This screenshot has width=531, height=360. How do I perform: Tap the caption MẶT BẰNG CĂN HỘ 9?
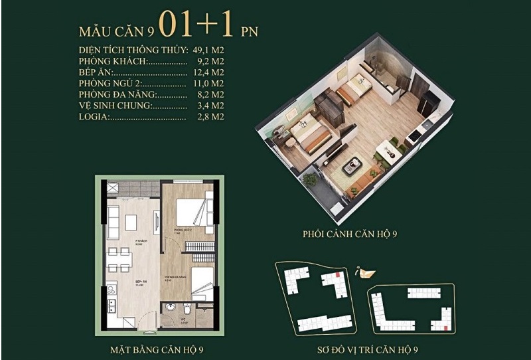pyautogui.click(x=159, y=348)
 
